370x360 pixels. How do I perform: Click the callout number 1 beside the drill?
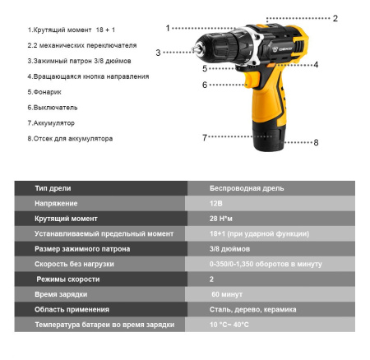point(168,28)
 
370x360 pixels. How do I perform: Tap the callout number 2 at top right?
point(335,18)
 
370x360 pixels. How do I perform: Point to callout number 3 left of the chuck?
point(159,53)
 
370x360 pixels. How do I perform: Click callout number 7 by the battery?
point(205,137)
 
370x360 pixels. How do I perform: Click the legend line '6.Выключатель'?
point(53,107)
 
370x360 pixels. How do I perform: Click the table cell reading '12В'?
point(216,203)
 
